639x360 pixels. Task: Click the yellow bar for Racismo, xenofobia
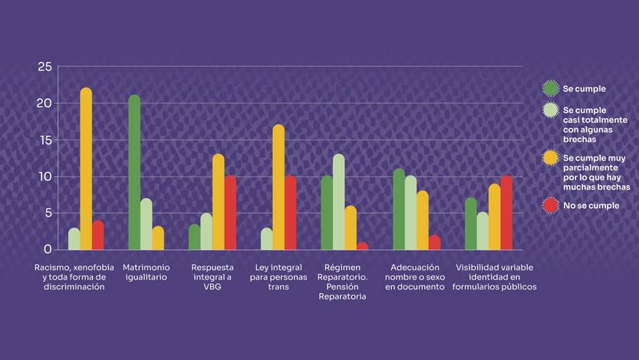86,169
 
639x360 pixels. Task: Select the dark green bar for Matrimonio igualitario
134,173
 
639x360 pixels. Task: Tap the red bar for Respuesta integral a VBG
230,213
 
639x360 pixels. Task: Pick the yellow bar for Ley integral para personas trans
278,187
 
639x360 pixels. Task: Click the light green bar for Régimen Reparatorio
338,202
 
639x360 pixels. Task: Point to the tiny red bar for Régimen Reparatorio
362,246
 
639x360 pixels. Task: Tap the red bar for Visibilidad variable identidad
506,213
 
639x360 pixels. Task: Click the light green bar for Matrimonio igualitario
146,224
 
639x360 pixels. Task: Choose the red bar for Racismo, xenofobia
97,235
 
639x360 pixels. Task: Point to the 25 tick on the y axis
44,67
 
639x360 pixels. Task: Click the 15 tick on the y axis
44,140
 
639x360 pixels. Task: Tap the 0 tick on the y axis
48,249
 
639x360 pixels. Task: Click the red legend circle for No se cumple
550,206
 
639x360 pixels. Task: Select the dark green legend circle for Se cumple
550,88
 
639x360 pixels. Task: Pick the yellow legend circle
550,158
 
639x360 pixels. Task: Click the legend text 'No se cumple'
591,206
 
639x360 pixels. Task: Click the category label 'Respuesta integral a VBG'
208,277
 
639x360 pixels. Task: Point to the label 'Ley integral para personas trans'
278,277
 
